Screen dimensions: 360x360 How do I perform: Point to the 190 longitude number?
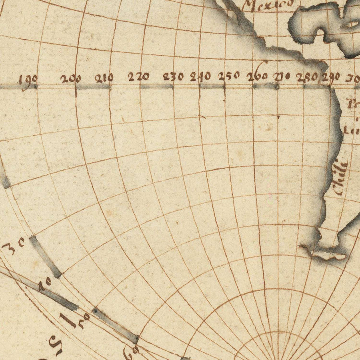click(28, 78)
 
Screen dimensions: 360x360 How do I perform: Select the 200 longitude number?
click(71, 78)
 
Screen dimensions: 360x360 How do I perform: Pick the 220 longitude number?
click(139, 76)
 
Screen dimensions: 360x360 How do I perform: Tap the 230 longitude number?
click(174, 76)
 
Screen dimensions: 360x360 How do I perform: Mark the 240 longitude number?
click(201, 76)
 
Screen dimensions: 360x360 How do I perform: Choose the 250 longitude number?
click(229, 75)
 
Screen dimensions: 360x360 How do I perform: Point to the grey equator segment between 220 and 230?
click(156, 86)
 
